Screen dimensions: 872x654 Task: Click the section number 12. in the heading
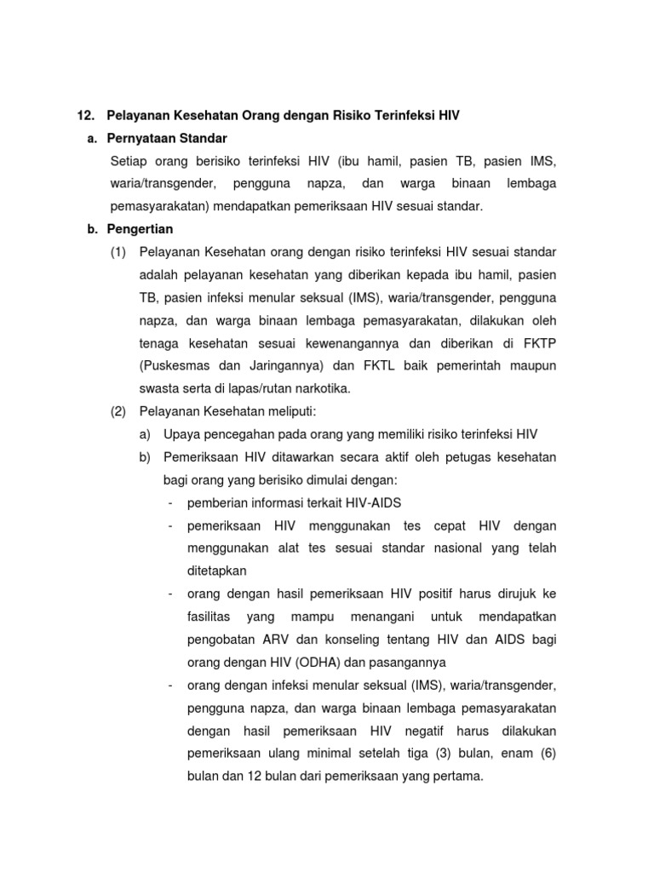tap(86, 115)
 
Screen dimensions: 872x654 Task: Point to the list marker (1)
tap(119, 252)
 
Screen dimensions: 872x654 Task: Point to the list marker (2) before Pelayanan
tap(119, 411)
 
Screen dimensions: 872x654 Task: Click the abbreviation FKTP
tap(539, 343)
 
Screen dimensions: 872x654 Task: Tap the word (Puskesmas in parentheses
tap(174, 366)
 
